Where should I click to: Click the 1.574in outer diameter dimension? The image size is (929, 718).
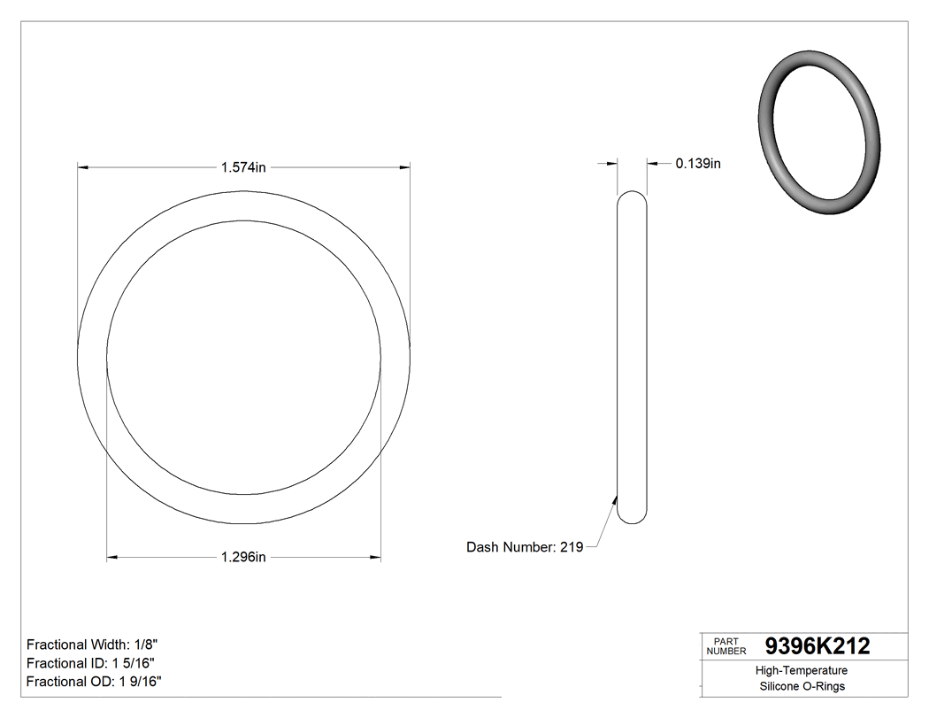coord(243,166)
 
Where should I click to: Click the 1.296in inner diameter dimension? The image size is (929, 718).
coord(243,557)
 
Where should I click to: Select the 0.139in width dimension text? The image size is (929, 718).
coord(697,163)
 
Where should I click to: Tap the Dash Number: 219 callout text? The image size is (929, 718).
coord(524,547)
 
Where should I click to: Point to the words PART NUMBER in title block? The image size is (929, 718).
coord(726,646)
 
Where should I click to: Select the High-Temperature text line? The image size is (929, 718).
coord(802,670)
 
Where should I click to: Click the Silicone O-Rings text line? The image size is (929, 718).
coord(802,686)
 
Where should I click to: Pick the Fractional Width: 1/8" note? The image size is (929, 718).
coord(92,645)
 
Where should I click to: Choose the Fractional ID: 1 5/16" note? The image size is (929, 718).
coord(92,663)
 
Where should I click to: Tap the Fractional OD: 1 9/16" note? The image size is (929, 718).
coord(94,681)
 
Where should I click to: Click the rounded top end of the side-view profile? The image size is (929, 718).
coord(632,197)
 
